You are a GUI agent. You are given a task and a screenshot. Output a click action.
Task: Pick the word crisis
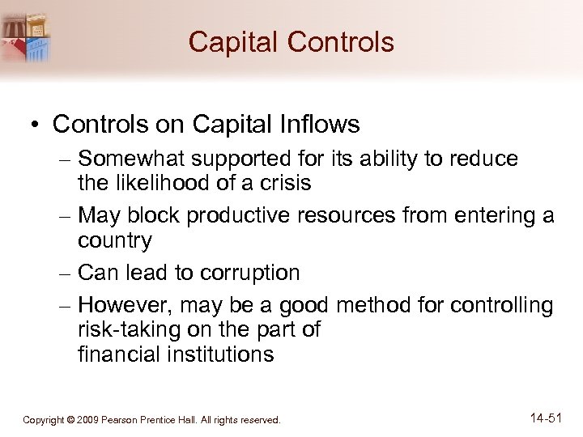click(x=283, y=183)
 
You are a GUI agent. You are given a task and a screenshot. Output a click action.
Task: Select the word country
click(x=114, y=241)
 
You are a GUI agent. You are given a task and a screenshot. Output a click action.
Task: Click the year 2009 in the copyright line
click(x=89, y=420)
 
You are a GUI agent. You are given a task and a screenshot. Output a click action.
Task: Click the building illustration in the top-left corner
click(x=28, y=36)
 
